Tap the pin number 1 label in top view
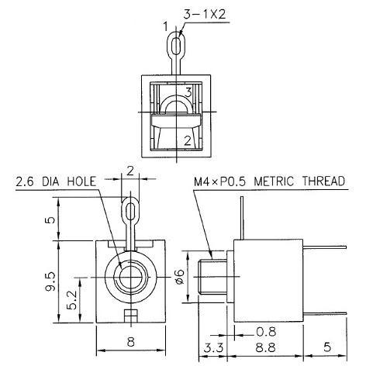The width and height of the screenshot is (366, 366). (x=165, y=26)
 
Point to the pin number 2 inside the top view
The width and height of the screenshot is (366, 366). (x=187, y=140)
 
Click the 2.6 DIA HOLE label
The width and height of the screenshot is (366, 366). (x=55, y=182)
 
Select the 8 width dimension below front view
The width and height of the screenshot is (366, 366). (x=130, y=342)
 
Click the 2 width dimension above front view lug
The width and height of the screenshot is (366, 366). (x=130, y=170)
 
